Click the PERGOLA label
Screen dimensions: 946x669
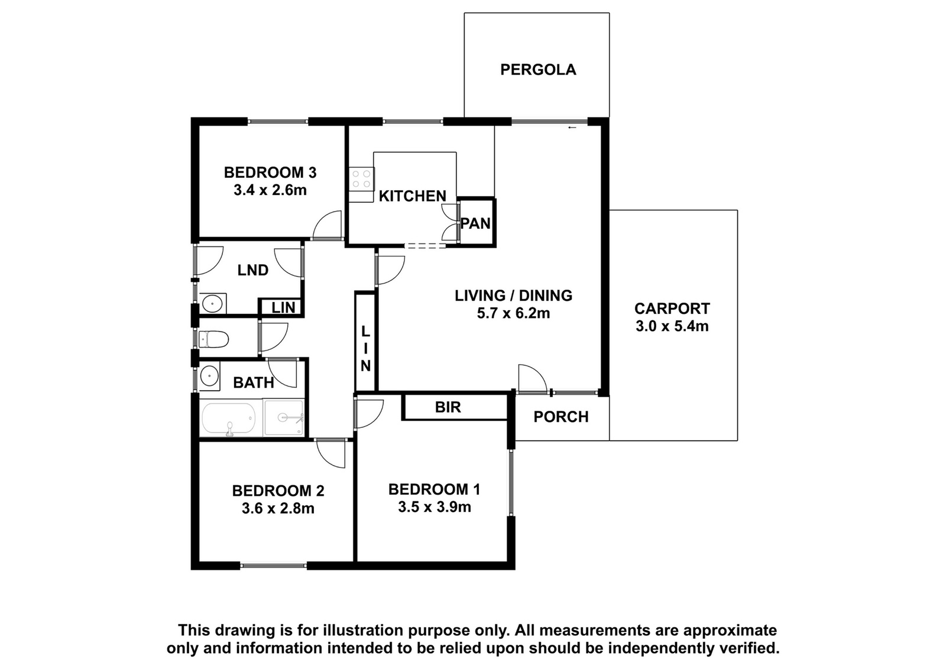[538, 70]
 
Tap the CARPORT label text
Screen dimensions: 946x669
[672, 308]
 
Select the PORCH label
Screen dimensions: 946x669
[561, 417]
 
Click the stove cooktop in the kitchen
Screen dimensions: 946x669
[361, 178]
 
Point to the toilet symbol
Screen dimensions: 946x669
[213, 339]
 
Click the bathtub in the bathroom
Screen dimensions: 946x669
[228, 420]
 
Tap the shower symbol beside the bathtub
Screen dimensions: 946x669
[283, 417]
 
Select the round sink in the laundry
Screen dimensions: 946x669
[212, 303]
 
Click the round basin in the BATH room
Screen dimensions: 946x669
[209, 375]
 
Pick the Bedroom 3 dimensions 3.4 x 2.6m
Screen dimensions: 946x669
[270, 190]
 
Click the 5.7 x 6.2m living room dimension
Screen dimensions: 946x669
[514, 313]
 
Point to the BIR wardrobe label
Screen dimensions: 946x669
[448, 407]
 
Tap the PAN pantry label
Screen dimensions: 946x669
[475, 223]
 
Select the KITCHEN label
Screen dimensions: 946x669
[412, 196]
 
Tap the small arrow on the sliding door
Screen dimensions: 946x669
[572, 128]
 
